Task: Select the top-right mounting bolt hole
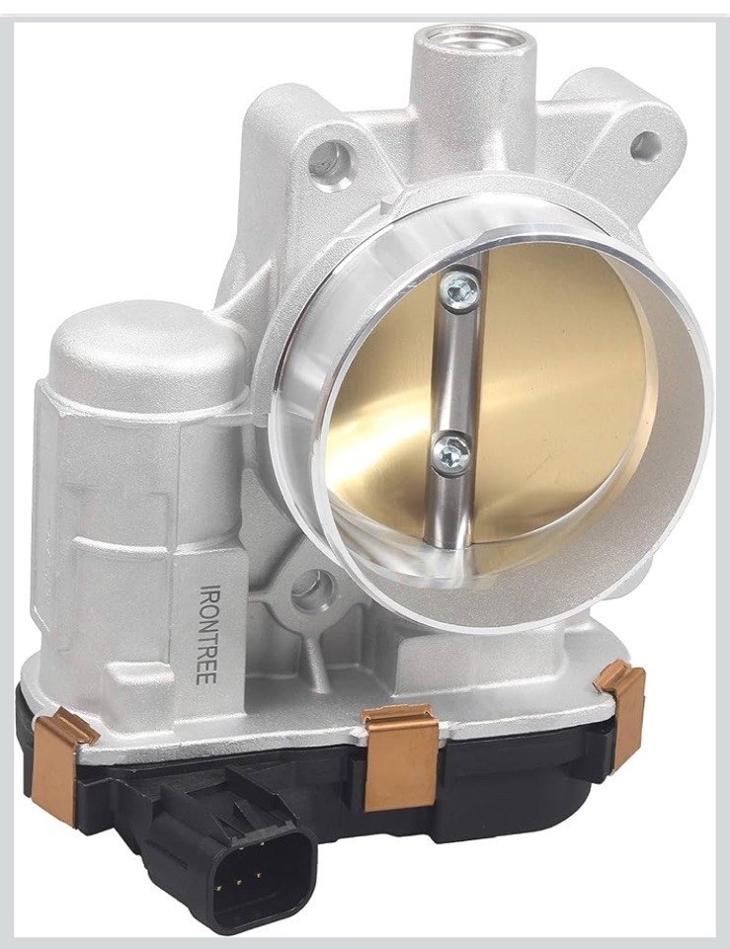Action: point(645,144)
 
